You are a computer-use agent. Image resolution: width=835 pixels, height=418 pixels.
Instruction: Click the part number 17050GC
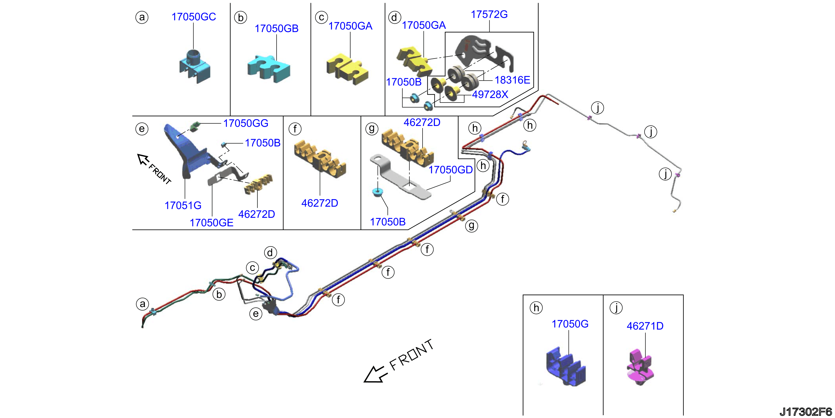point(194,17)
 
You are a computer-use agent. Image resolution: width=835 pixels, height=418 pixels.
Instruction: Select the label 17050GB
point(277,28)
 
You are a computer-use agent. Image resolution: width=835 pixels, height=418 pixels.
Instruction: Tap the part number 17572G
point(489,14)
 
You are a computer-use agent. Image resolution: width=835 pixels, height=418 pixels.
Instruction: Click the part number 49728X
point(490,94)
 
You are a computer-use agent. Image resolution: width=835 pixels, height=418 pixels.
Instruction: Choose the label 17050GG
point(246,123)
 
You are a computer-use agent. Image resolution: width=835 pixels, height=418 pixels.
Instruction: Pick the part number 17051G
point(183,205)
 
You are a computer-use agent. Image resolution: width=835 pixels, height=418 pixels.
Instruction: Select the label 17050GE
point(211,223)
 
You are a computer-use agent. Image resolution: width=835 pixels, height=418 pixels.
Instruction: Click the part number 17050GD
point(451,170)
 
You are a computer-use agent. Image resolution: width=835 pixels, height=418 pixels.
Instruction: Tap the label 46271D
point(645,326)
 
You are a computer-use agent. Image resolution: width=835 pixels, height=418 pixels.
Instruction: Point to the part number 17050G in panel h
point(570,324)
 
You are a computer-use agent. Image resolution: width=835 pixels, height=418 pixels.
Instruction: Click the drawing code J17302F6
point(806,412)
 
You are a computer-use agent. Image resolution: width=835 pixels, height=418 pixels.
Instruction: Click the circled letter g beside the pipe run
point(472,226)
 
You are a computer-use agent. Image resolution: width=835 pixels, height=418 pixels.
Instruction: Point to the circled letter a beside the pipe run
point(142,304)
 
